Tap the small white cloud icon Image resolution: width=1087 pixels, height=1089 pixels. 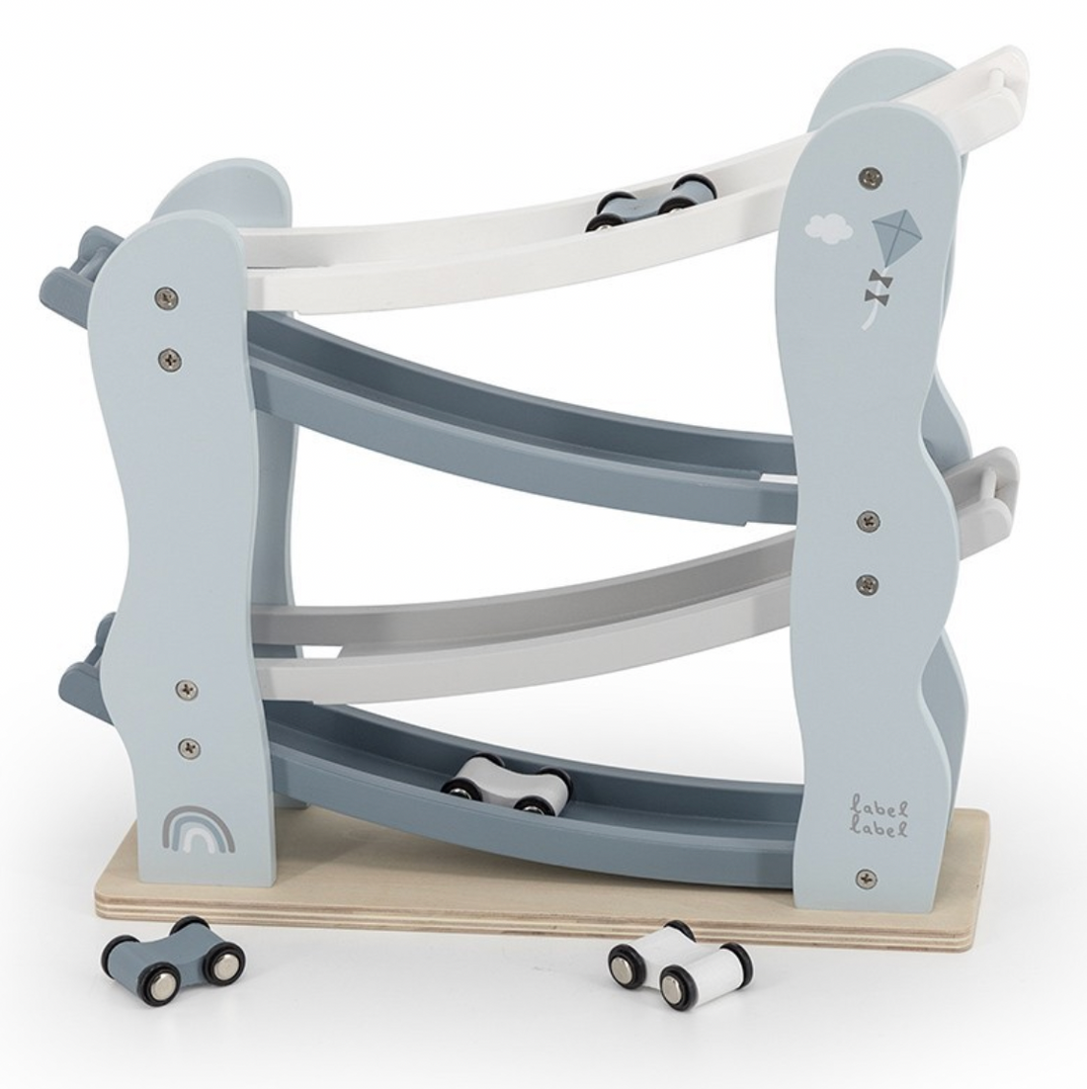(x=826, y=228)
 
